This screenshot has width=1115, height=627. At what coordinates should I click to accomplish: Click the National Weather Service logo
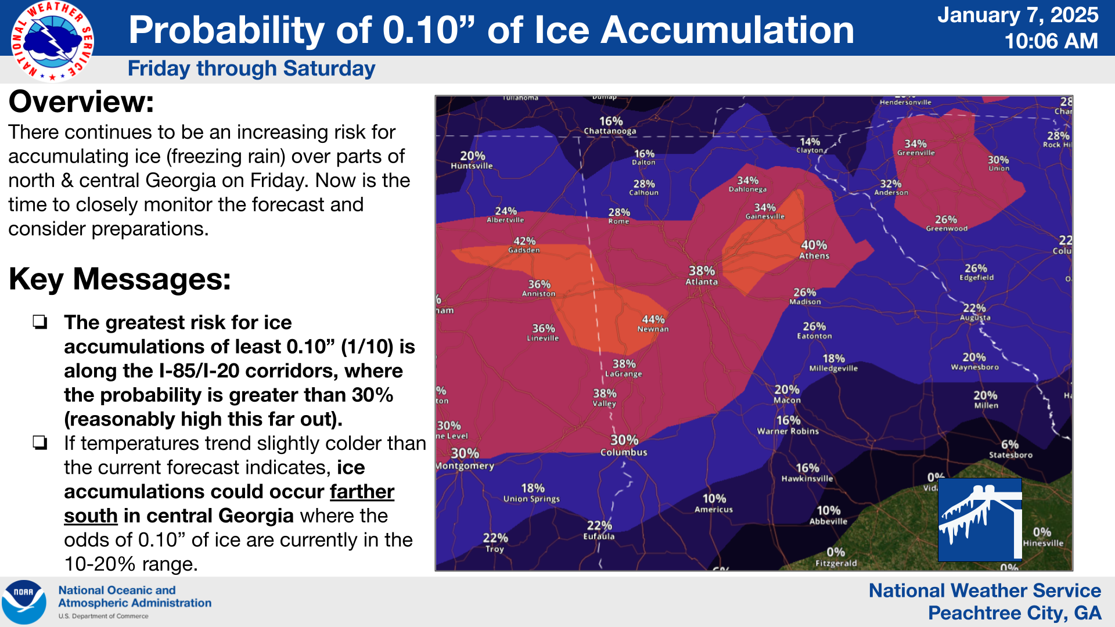click(52, 41)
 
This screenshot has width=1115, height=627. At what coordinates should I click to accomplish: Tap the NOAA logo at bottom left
click(24, 602)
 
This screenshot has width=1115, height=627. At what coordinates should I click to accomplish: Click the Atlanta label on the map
click(702, 282)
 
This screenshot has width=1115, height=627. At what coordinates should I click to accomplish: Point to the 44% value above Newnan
click(653, 319)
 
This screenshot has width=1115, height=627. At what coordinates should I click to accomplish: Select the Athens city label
click(814, 256)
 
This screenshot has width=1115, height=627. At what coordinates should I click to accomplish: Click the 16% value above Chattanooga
click(611, 121)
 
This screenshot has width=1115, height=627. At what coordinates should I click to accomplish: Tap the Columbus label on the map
click(624, 452)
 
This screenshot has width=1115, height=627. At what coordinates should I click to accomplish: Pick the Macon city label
click(787, 401)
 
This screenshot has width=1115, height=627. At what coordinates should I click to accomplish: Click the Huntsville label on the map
click(472, 166)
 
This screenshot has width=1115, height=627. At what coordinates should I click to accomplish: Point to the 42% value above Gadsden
click(524, 241)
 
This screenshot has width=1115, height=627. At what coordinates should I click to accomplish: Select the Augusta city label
click(975, 318)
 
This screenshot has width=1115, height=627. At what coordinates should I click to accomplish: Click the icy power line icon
click(980, 520)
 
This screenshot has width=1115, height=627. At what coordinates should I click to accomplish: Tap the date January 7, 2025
click(1017, 15)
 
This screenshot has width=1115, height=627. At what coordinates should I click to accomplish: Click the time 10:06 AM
click(1051, 41)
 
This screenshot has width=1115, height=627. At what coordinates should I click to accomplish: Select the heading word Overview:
click(81, 102)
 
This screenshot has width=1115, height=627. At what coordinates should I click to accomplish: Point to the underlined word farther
click(362, 492)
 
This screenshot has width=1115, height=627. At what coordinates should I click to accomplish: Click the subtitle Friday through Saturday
click(251, 69)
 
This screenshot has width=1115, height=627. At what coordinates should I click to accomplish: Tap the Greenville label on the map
click(916, 153)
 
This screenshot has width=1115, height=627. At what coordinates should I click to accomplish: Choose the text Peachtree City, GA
click(1014, 613)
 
